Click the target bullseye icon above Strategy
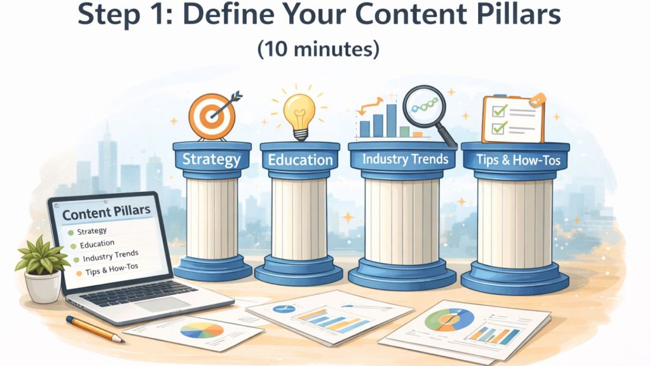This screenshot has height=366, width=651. tap(212, 117)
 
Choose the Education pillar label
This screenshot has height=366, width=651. tap(300, 159)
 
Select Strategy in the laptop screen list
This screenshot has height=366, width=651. tap(92, 231)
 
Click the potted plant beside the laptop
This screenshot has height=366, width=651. tap(42, 267)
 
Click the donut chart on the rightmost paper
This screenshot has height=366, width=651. tap(449, 318)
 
